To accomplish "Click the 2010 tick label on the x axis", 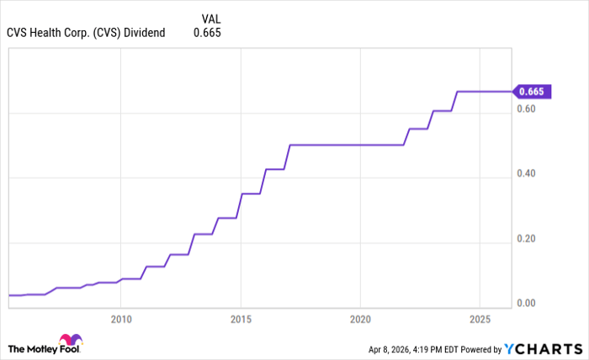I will (120, 320).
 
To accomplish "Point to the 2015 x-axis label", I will (241, 320).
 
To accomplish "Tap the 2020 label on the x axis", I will (360, 320).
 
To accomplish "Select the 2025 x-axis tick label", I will (480, 320).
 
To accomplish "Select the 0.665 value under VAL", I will (208, 33).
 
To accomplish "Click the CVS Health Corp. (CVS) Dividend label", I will (86, 33).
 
